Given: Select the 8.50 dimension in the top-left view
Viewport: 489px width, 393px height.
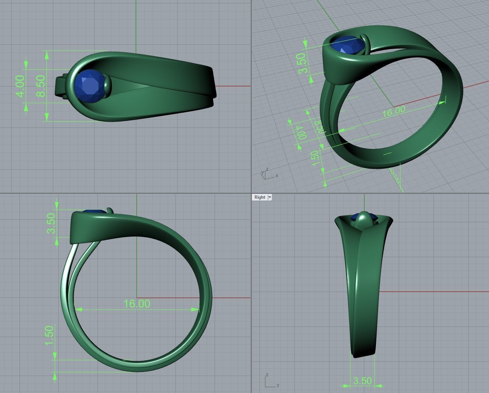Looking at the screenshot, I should (x=41, y=86).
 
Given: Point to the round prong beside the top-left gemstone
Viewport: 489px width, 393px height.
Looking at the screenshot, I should (x=107, y=86).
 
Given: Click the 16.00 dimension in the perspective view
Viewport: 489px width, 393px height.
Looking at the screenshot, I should (x=393, y=111).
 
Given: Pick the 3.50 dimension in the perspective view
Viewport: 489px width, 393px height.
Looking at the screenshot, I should (x=302, y=63).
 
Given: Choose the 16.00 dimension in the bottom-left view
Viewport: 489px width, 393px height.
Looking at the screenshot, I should (x=137, y=303).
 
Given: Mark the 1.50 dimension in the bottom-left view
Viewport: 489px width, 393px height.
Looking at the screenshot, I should (x=50, y=336).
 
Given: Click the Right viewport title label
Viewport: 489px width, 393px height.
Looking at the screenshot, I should (x=260, y=197).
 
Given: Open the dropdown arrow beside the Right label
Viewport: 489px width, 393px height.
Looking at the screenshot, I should (x=270, y=197).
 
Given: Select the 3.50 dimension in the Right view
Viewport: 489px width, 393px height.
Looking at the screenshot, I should (x=362, y=381).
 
